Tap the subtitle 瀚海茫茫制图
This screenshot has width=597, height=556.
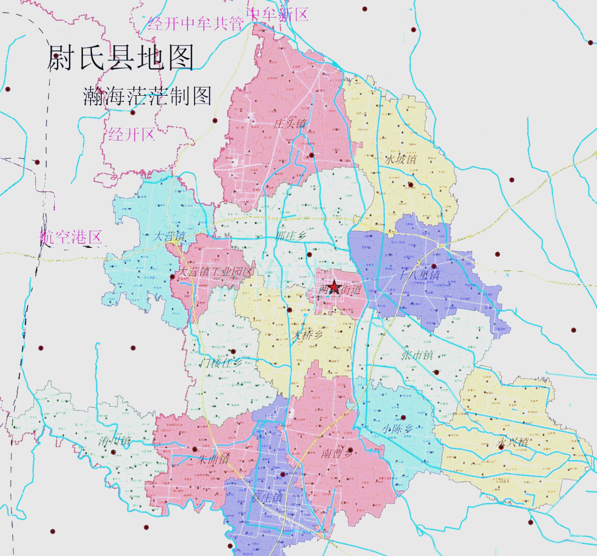[147, 96]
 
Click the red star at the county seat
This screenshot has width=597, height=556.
[333, 287]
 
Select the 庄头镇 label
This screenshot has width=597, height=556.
[290, 123]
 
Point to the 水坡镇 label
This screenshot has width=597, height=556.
[402, 159]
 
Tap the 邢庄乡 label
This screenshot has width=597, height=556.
[290, 236]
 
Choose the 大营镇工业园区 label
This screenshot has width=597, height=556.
[216, 272]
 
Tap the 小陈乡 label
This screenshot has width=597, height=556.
[397, 428]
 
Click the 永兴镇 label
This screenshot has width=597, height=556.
[513, 443]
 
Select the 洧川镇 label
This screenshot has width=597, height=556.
[114, 441]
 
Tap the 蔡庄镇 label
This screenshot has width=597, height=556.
[266, 497]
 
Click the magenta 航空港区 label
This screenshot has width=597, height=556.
[71, 237]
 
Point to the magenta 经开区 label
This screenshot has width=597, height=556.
[131, 133]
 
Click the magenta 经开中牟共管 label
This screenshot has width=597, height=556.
[196, 24]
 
